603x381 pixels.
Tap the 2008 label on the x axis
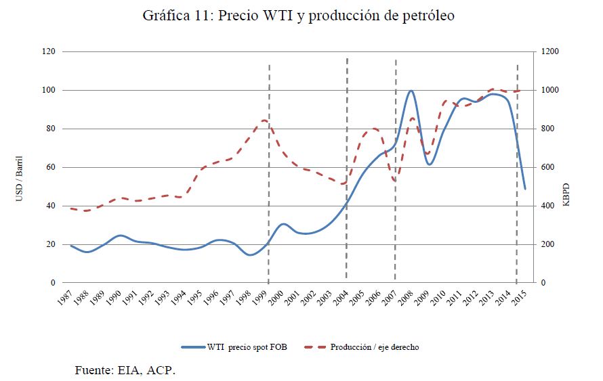click(x=404, y=298)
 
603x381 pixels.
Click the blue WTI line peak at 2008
click(x=411, y=91)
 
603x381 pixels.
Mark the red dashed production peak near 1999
click(x=265, y=120)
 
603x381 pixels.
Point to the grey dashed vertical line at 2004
click(x=347, y=169)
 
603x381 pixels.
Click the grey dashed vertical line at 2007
click(x=396, y=169)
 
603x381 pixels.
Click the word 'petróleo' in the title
click(x=428, y=16)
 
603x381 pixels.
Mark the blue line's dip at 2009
click(x=429, y=164)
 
